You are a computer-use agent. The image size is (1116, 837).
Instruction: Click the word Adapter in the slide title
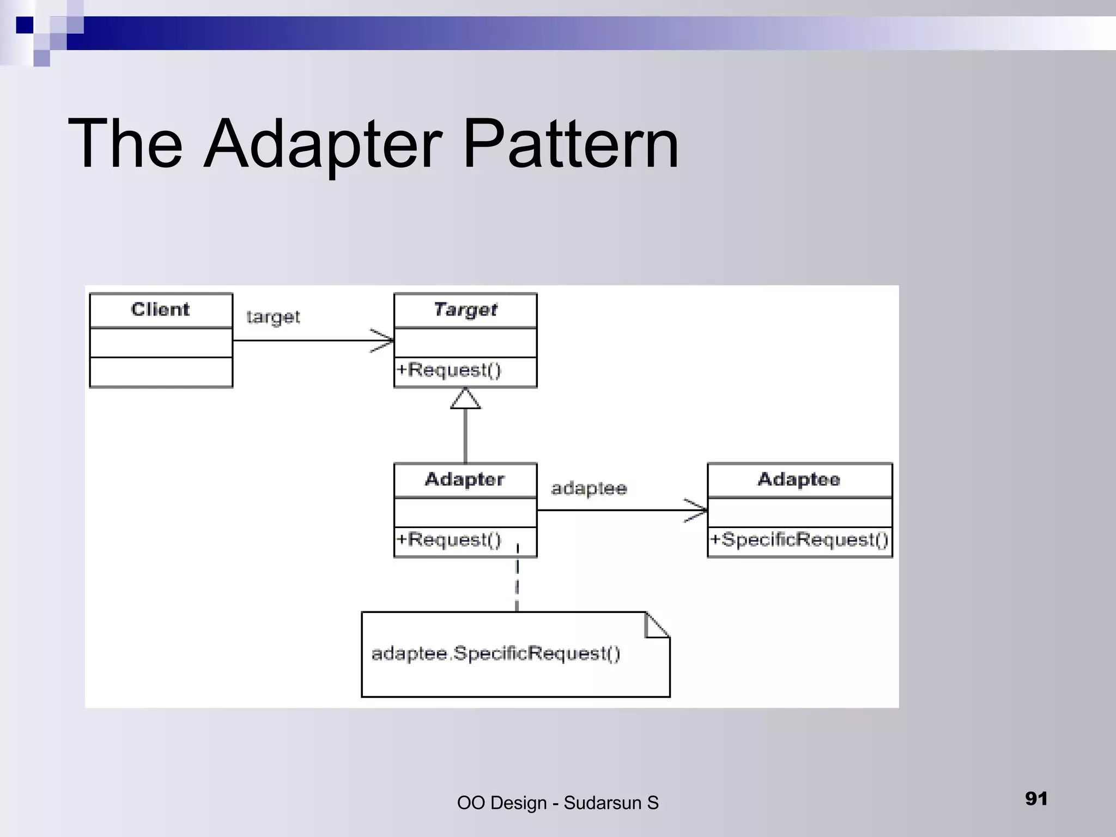(x=322, y=144)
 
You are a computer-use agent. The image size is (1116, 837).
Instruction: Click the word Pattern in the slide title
(x=571, y=144)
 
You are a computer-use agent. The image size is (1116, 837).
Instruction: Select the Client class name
(x=160, y=310)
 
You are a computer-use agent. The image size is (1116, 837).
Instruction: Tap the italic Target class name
(x=465, y=310)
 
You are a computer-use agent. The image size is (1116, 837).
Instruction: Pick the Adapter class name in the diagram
(x=465, y=480)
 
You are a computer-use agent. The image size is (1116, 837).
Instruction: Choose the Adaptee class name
(x=799, y=480)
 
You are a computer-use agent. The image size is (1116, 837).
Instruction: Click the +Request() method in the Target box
(x=449, y=370)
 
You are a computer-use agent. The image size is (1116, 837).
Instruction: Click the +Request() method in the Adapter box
(x=449, y=539)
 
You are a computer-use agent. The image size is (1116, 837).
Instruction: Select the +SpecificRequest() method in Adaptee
(x=799, y=540)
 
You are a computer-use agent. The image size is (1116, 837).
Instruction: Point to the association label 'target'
(x=273, y=317)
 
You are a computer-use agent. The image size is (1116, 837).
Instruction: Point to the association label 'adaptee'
(x=589, y=488)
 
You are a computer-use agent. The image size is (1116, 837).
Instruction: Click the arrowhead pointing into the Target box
(x=384, y=341)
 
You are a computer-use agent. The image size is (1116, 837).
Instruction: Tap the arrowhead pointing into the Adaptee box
(x=697, y=511)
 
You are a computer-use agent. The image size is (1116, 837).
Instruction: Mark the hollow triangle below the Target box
(x=465, y=399)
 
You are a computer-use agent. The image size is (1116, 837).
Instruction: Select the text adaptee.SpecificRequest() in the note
(x=495, y=653)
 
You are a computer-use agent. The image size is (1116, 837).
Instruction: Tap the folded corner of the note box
(x=656, y=625)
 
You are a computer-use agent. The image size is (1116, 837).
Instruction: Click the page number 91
(x=1036, y=798)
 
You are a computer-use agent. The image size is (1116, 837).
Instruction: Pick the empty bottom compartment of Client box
(x=161, y=372)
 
